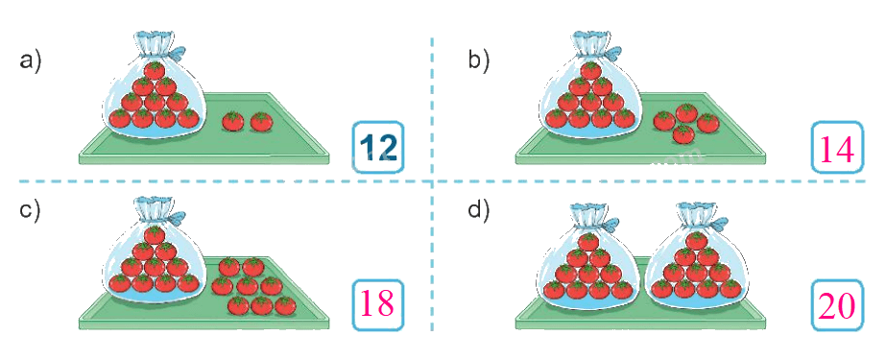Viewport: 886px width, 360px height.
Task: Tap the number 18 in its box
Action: [x=377, y=304]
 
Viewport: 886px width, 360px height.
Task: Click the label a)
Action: [x=31, y=60]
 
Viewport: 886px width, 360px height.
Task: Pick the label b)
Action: [x=479, y=60]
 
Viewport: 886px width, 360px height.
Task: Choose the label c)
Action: [x=30, y=211]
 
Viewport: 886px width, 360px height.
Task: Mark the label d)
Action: [x=479, y=210]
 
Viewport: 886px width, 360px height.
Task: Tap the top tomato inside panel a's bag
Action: [x=155, y=70]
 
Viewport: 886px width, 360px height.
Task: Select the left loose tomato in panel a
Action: [x=233, y=121]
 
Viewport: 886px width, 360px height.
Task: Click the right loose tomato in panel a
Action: [x=261, y=121]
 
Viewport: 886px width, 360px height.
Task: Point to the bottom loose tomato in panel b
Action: [x=684, y=134]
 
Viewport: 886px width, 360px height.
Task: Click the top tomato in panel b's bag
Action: [x=591, y=70]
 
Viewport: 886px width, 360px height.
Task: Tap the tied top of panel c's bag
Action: [x=153, y=209]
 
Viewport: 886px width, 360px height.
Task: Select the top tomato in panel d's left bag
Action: [x=588, y=241]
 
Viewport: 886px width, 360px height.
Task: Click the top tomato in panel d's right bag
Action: [x=696, y=240]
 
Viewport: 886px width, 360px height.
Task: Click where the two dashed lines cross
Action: [x=432, y=181]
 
